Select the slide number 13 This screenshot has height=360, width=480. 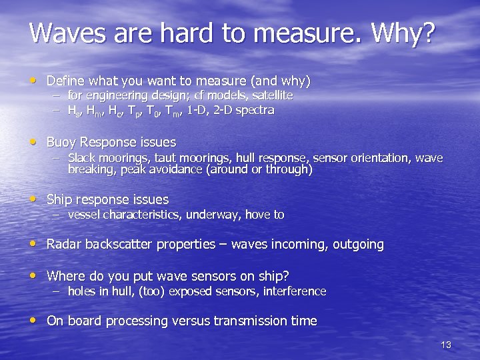coord(446,345)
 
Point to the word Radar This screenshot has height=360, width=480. coord(64,245)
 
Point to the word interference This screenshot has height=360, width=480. coord(295,291)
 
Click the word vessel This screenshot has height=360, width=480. coord(84,215)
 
